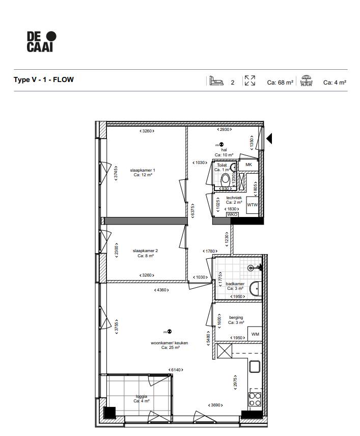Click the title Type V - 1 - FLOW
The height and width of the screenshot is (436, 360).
[43, 79]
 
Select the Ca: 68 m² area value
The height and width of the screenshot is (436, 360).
[280, 82]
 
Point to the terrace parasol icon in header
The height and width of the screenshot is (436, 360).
[306, 81]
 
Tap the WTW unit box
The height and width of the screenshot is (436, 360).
[252, 205]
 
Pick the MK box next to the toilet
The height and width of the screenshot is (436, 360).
[248, 165]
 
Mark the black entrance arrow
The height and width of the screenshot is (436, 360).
[270, 138]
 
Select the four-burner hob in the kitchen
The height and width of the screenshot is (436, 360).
[255, 398]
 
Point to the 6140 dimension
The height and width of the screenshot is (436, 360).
[176, 370]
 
